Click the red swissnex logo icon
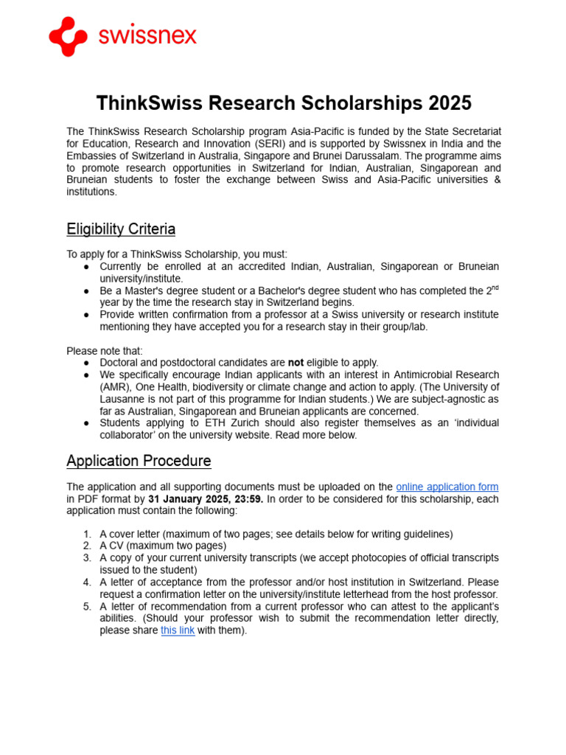point(68,36)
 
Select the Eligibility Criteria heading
point(121,229)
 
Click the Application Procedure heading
point(139,461)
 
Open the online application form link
point(447,487)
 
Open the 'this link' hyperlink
point(178,630)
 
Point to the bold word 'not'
point(296,363)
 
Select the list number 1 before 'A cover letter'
point(87,534)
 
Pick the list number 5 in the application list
point(87,607)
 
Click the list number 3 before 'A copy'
point(87,558)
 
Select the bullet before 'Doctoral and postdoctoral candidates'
point(87,363)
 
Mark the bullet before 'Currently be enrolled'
point(87,267)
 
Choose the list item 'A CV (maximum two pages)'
point(163,546)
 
